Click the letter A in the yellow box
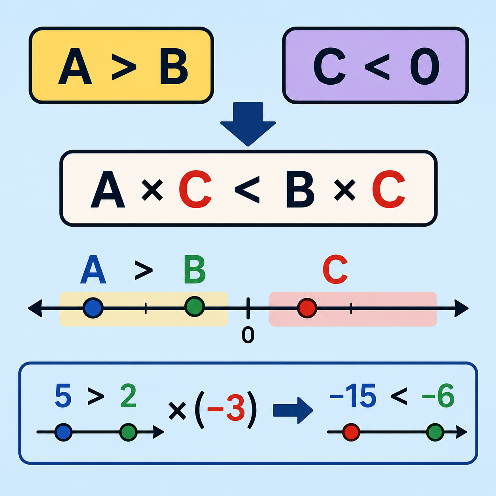75,66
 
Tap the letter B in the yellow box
174,66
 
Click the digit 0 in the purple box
425,66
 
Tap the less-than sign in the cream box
247,190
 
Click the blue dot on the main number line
93,308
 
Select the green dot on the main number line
195,307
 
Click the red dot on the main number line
307,308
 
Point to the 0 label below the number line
248,335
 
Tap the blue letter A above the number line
93,269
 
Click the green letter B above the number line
195,269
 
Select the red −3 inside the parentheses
226,409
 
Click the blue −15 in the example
353,396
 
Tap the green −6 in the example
438,396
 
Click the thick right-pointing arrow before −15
293,411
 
